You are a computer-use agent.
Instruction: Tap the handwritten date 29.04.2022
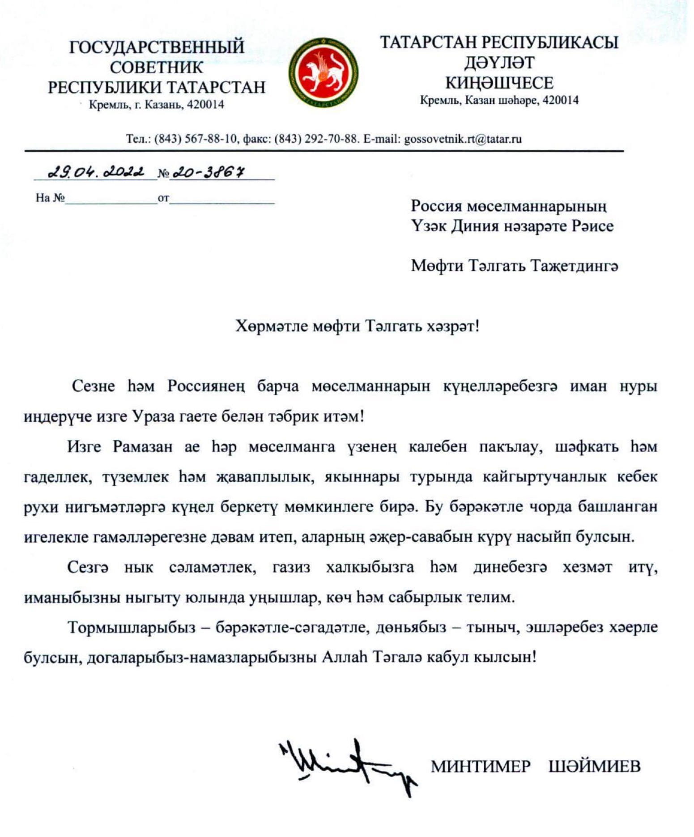[x=96, y=172]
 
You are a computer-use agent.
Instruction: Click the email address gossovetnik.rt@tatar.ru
[x=463, y=139]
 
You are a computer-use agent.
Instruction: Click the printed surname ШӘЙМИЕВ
[x=594, y=766]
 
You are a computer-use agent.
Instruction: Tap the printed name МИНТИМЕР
[x=480, y=766]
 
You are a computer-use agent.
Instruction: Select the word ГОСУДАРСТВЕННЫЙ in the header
[x=157, y=47]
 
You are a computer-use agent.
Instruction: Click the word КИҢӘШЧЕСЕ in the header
[x=499, y=83]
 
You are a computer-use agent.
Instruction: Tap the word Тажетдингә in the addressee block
[x=574, y=266]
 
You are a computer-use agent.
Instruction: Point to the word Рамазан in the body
[x=142, y=447]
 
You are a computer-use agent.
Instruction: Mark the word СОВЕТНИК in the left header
[x=157, y=68]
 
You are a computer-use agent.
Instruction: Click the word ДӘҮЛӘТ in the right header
[x=499, y=63]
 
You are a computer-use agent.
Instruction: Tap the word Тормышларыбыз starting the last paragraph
[x=132, y=627]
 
